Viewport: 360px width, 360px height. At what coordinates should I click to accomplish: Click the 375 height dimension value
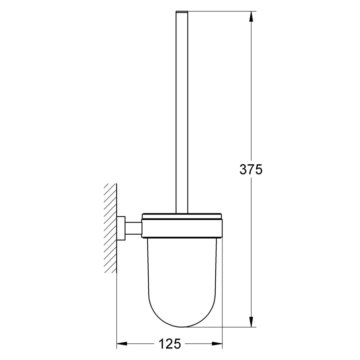coord(251,170)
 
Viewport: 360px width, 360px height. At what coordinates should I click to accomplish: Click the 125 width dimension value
coord(170,344)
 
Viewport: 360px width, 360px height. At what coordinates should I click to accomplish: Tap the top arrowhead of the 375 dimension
coord(251,17)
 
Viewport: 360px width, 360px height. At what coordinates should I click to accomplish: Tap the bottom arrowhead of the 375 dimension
coord(251,321)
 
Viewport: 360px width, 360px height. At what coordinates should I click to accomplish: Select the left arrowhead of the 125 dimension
coord(122,344)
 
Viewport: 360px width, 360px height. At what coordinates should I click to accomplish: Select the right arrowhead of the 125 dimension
coord(217,344)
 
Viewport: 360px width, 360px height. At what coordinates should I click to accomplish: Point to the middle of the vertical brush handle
coord(182,112)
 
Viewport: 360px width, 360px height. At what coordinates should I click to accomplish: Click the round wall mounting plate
coord(121,228)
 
